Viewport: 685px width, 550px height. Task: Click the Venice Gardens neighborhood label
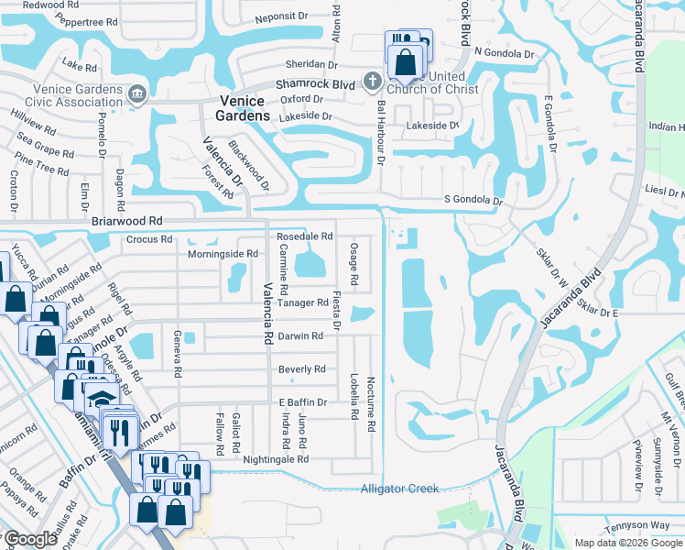pyautogui.click(x=243, y=108)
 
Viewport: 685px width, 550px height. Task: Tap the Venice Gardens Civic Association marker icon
pyautogui.click(x=136, y=93)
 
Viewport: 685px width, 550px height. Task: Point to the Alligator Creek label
pyautogui.click(x=400, y=489)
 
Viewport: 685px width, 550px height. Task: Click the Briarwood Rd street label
pyautogui.click(x=127, y=221)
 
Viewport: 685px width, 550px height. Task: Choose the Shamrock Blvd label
pyautogui.click(x=315, y=83)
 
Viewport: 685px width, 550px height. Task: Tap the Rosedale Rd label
pyautogui.click(x=304, y=236)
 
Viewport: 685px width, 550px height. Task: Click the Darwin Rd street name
pyautogui.click(x=300, y=336)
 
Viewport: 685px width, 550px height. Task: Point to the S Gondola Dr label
pyautogui.click(x=473, y=200)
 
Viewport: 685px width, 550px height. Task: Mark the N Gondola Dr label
pyautogui.click(x=504, y=54)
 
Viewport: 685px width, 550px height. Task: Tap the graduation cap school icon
pyautogui.click(x=101, y=399)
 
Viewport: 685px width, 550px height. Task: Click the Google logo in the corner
pyautogui.click(x=30, y=539)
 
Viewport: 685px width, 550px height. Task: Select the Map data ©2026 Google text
pyautogui.click(x=628, y=543)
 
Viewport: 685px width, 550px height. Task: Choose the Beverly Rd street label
pyautogui.click(x=301, y=369)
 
